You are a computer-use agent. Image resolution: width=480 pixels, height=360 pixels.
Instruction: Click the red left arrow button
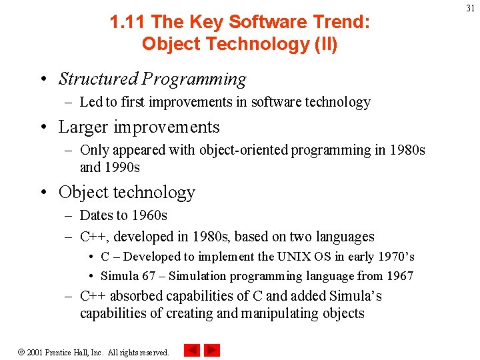[x=191, y=350]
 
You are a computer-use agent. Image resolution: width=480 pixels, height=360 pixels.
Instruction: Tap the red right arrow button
[x=212, y=350]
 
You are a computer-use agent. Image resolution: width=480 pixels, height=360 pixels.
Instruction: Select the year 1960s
[x=149, y=215]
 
